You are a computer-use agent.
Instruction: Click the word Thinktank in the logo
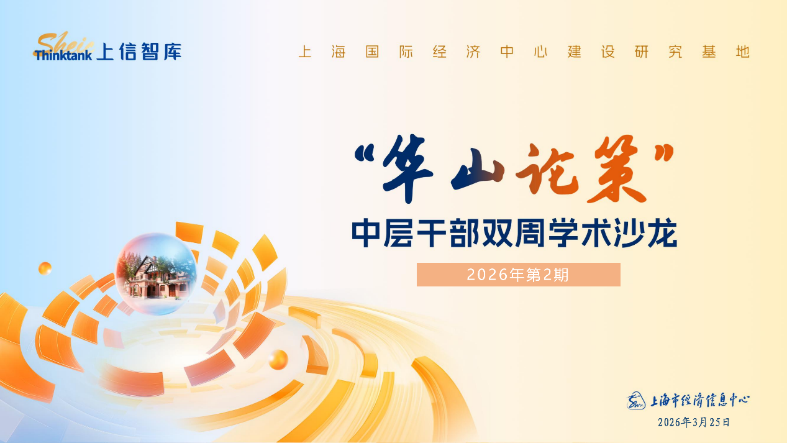click(63, 55)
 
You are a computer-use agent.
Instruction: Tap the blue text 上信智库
click(139, 52)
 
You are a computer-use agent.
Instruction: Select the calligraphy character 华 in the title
click(408, 168)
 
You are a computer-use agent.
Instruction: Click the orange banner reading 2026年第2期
click(519, 275)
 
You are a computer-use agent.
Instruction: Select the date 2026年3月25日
click(694, 422)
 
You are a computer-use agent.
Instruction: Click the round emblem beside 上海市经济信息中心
click(635, 401)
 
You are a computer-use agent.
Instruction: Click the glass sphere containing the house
click(157, 273)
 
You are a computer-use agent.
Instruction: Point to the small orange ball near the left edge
click(45, 268)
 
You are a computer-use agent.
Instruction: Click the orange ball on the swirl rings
click(278, 359)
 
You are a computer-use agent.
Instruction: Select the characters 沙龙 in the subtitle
click(646, 233)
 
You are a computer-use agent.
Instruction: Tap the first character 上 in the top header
click(304, 52)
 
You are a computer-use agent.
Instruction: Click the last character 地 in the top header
click(743, 52)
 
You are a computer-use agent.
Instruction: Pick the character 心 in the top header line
click(540, 52)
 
